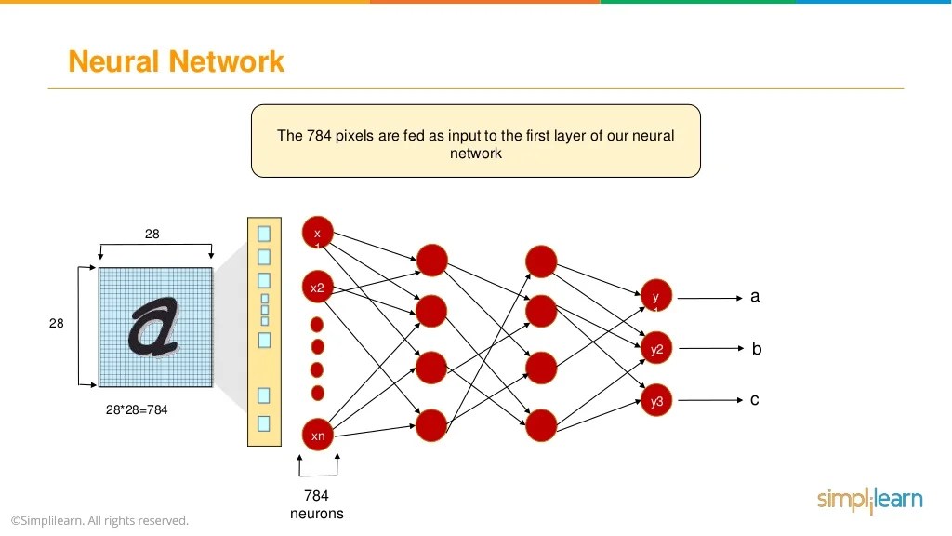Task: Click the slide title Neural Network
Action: tap(176, 61)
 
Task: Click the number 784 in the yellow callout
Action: tap(318, 135)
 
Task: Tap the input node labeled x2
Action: tap(317, 288)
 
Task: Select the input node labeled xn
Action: tap(317, 435)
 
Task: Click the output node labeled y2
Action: tap(656, 349)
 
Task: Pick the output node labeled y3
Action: tap(656, 401)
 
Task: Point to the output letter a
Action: tap(755, 296)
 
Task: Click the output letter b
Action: tap(756, 349)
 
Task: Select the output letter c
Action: tap(755, 399)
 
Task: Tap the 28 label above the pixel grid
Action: tap(152, 234)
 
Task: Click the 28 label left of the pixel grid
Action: tap(57, 323)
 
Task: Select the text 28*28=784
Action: tap(137, 409)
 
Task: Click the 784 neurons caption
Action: tap(316, 504)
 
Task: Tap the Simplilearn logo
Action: tap(869, 500)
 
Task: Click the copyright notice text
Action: tap(99, 520)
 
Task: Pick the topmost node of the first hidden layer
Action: tap(431, 260)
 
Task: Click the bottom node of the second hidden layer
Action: tap(540, 425)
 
